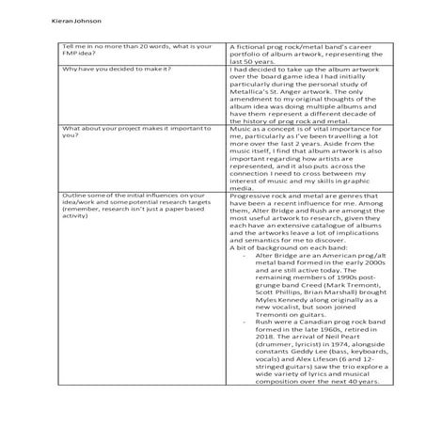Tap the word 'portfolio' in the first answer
coord(250,54)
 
